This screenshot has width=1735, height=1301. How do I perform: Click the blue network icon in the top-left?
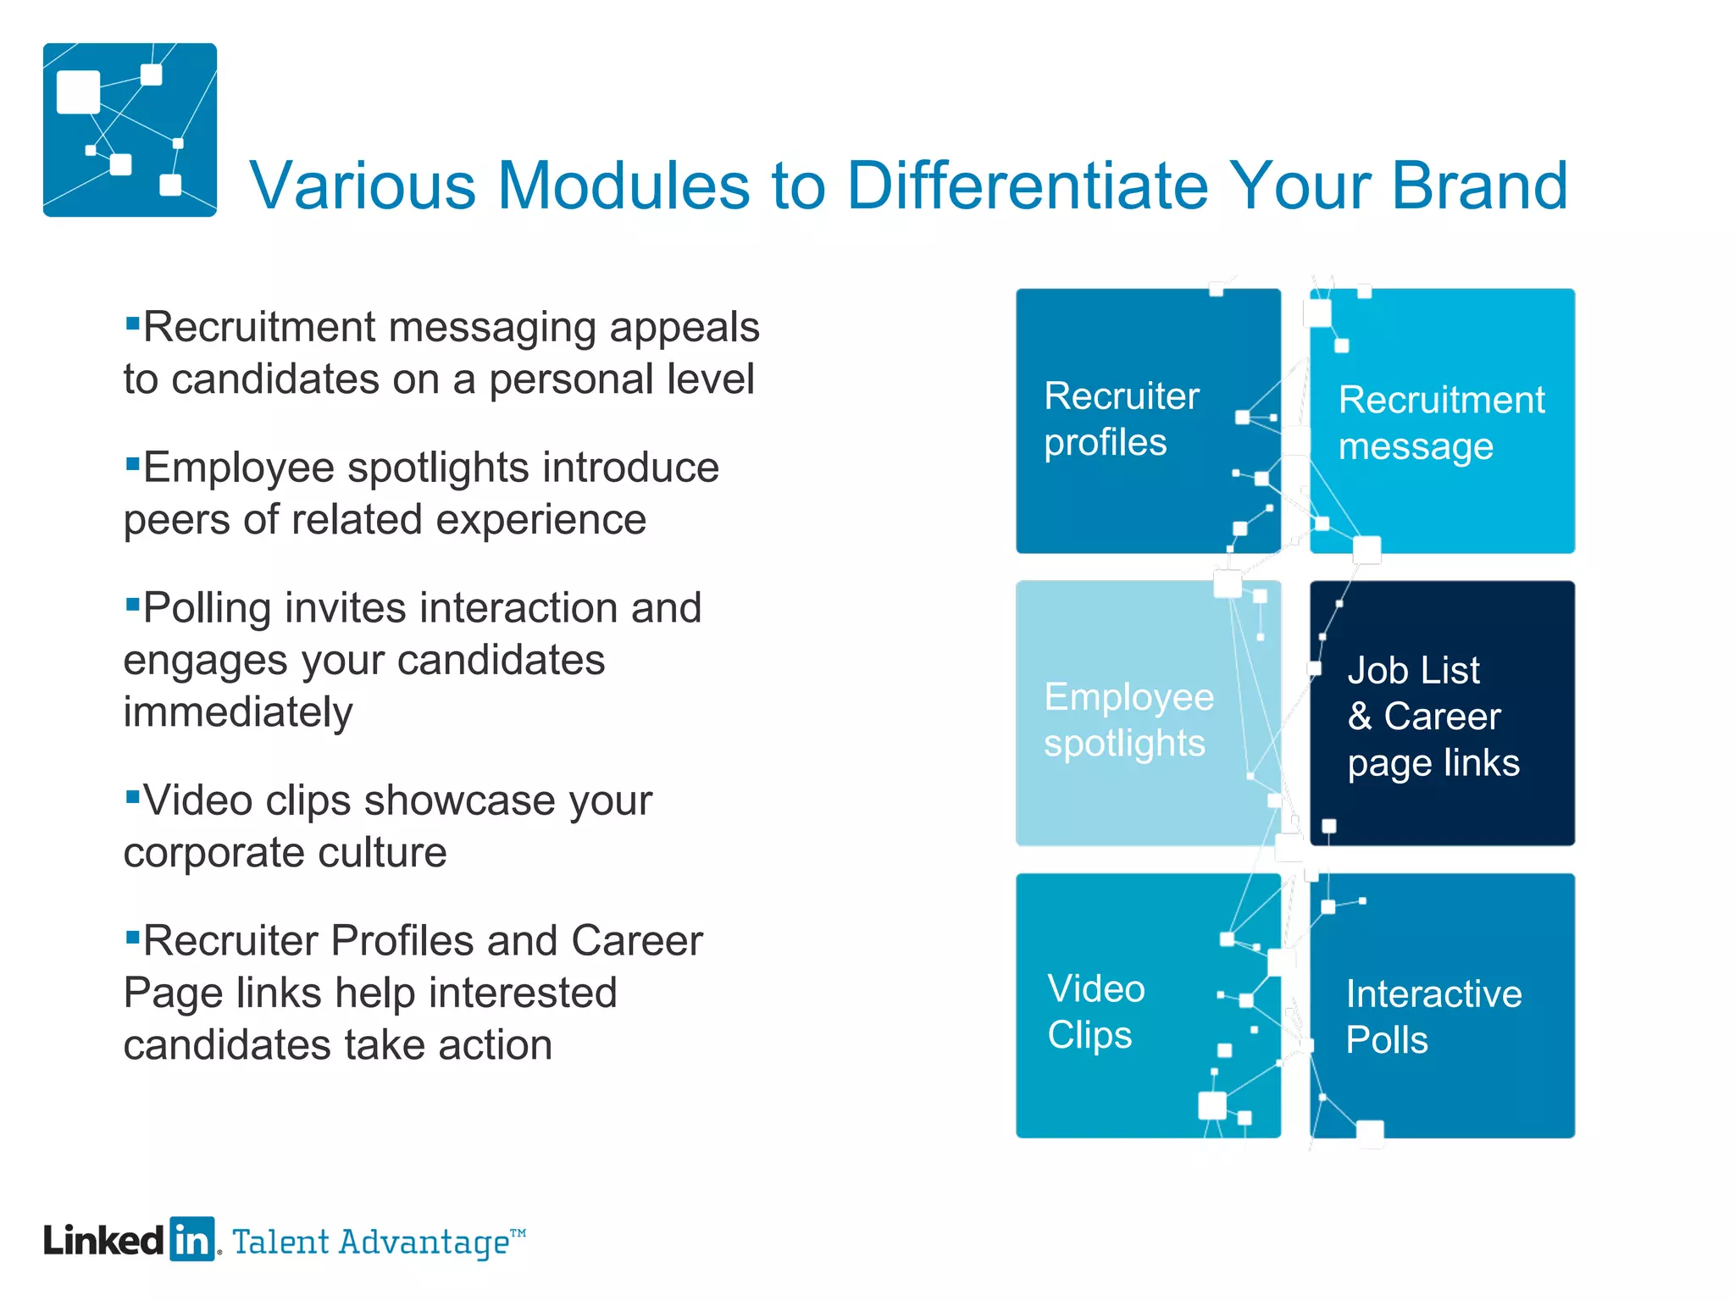click(130, 130)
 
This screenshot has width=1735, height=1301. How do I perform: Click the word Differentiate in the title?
click(1026, 185)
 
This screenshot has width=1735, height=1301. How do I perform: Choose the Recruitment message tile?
click(1442, 421)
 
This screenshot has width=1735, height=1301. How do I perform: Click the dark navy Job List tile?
click(1442, 713)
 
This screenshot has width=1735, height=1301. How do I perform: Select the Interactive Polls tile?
click(1442, 1006)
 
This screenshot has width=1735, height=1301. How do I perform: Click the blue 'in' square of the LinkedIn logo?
click(192, 1240)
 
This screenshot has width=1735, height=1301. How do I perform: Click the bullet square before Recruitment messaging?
click(132, 323)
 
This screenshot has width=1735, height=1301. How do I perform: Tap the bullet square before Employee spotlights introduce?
click(132, 463)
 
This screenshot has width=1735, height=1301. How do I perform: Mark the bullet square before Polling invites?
click(132, 604)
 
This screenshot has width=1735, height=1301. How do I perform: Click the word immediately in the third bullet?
click(238, 712)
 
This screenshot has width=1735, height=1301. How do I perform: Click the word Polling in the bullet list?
click(207, 609)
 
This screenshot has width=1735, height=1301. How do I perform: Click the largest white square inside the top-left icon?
click(78, 91)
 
